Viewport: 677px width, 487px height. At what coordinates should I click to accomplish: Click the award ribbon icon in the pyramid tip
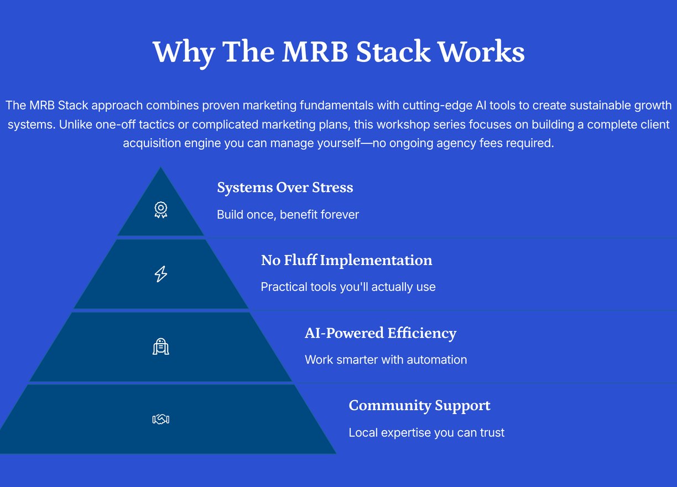(x=161, y=210)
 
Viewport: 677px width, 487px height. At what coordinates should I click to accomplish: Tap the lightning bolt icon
(x=161, y=274)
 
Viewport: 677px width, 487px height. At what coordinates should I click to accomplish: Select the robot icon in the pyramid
(x=161, y=346)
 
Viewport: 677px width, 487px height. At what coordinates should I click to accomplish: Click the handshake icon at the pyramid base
(x=161, y=419)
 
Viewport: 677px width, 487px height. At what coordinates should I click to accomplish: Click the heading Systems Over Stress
(x=285, y=188)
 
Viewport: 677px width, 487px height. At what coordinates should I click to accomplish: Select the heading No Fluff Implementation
(x=347, y=260)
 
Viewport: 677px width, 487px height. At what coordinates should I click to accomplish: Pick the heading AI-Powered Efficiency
(x=381, y=333)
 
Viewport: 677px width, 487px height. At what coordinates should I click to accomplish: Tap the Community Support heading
(x=419, y=406)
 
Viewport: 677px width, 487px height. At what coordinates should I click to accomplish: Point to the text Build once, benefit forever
(x=288, y=215)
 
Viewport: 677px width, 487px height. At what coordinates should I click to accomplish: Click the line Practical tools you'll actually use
(x=348, y=287)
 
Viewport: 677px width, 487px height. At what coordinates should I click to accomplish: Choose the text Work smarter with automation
(x=386, y=360)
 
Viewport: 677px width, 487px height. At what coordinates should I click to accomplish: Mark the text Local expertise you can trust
(x=426, y=433)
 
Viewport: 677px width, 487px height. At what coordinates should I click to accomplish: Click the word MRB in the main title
(x=315, y=51)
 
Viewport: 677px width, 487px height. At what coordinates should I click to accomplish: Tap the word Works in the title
(x=481, y=51)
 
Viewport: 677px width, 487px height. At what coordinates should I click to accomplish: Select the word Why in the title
(x=184, y=53)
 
